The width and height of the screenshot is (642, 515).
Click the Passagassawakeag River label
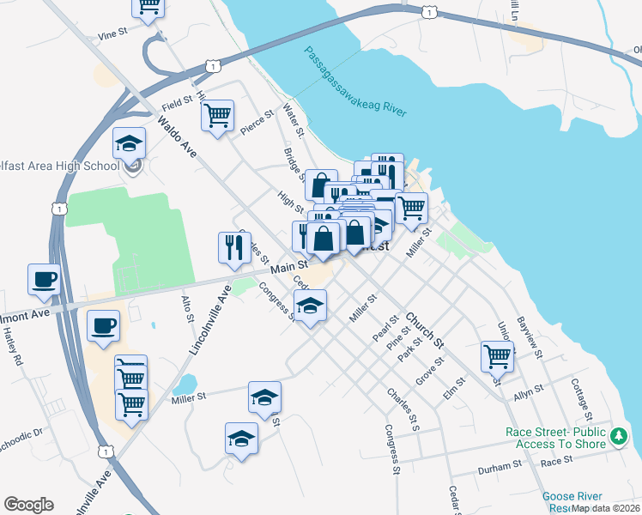click(355, 82)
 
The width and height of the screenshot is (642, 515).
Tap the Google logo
click(28, 505)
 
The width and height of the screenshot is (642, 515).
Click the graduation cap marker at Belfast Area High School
click(130, 143)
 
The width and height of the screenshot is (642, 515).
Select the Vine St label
click(112, 34)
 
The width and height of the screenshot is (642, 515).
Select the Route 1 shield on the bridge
click(429, 11)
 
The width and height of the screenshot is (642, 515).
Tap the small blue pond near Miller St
click(185, 383)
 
